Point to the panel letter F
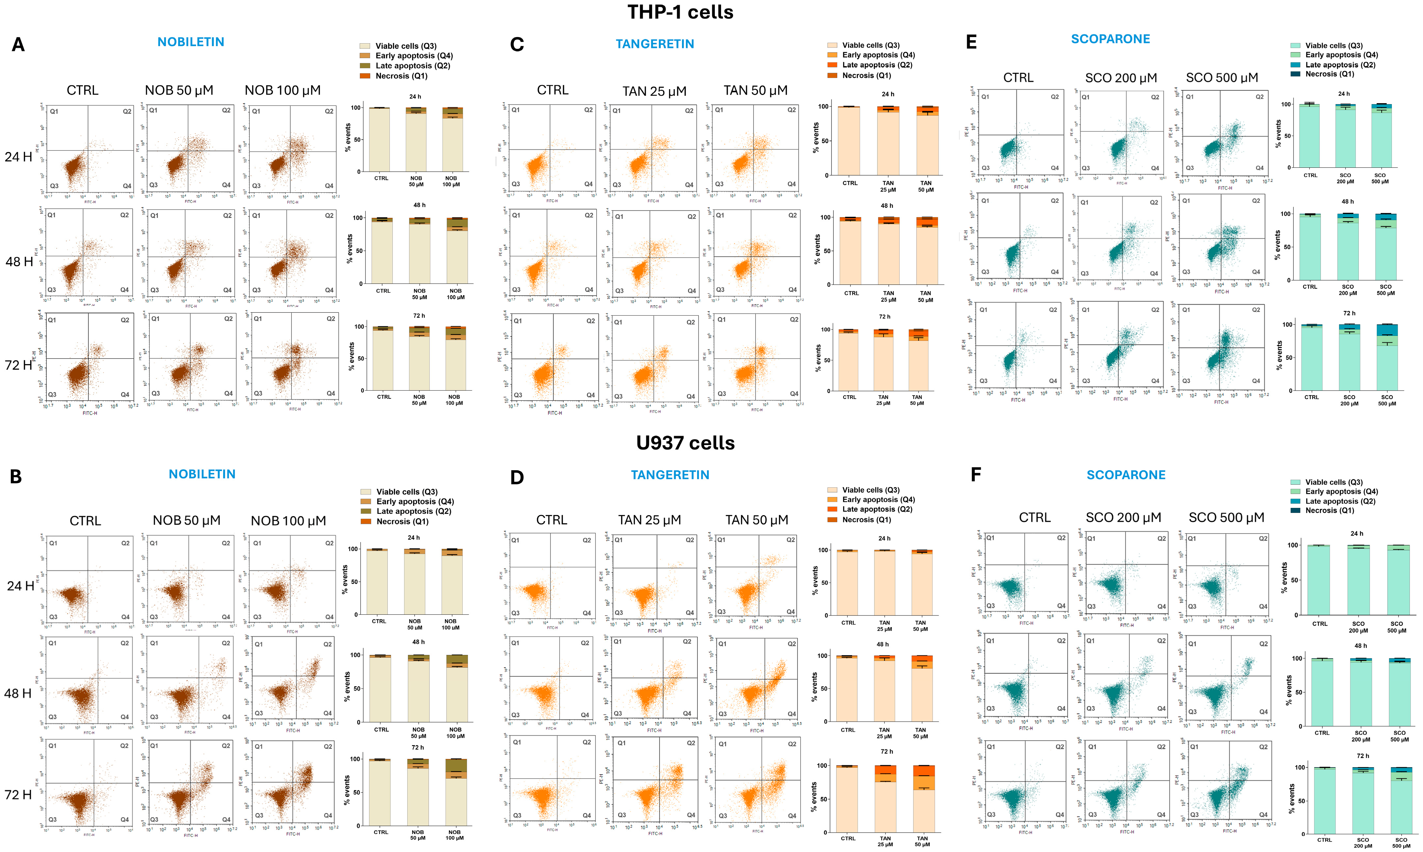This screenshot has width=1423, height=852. (975, 475)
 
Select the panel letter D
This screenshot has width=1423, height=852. (517, 478)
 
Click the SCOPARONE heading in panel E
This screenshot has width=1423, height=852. (1110, 39)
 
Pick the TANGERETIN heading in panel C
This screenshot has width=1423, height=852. (654, 44)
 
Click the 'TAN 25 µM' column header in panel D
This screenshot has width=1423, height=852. (649, 520)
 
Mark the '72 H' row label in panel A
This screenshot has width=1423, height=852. (18, 365)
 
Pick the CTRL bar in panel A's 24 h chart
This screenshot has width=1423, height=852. (380, 140)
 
